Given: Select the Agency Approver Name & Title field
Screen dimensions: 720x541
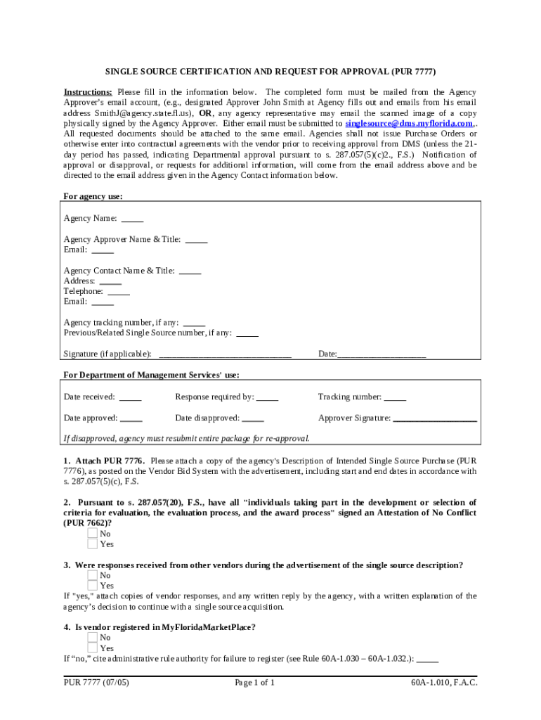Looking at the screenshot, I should point(196,239).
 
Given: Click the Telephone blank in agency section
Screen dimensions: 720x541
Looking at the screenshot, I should point(119,291).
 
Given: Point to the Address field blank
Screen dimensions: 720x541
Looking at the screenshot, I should point(110,281).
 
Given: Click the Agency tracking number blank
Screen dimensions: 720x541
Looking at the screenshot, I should point(194,323).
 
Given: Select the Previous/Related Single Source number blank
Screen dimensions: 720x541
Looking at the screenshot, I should point(247,333).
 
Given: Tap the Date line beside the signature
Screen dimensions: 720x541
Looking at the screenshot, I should point(382,354).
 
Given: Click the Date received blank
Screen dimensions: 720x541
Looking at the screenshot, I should point(131,397).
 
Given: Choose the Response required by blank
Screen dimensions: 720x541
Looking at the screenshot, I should point(267,397).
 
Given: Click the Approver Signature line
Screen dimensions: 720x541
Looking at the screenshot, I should point(435,418).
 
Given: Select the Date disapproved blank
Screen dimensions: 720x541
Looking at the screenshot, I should point(253,418).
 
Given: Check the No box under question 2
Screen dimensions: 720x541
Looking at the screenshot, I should point(92,534).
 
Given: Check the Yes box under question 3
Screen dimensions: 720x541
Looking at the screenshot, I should point(92,586).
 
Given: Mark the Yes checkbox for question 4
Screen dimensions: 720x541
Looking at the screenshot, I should point(92,648).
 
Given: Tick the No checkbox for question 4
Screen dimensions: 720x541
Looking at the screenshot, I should point(92,638).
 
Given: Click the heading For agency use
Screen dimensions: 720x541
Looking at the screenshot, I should point(93,197).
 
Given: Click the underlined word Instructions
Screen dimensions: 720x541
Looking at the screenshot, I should point(88,92).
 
